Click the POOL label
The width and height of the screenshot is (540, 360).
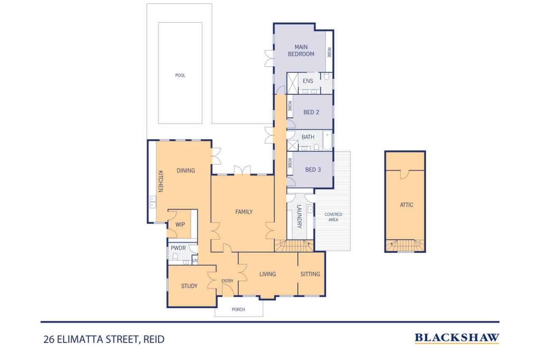[180, 76]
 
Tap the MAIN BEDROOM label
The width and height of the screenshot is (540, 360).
[301, 50]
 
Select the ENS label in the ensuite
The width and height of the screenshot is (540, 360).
[308, 81]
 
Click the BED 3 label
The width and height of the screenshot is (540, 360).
[313, 170]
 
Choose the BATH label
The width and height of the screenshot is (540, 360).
[308, 137]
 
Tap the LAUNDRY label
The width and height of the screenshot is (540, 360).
[300, 217]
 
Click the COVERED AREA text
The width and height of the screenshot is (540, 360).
[333, 217]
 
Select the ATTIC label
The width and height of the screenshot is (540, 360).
[406, 205]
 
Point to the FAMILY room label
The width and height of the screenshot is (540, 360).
[244, 212]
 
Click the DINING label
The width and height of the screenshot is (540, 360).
[186, 171]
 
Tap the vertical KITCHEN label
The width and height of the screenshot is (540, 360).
[160, 181]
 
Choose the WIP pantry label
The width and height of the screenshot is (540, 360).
[180, 224]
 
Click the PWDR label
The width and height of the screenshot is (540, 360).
[178, 248]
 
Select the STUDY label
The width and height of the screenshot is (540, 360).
[189, 286]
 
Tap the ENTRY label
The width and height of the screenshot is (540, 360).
[227, 281]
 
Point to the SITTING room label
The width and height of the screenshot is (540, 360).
[310, 274]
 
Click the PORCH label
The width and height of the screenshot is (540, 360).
[238, 309]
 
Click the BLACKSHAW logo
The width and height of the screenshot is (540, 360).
[457, 338]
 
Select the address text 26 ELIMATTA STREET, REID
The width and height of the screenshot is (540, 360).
[103, 339]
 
